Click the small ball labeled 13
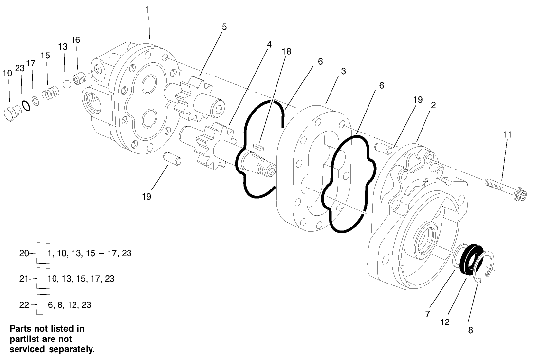[x=67, y=84]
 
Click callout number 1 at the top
[x=148, y=9]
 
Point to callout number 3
[x=343, y=71]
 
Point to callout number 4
[x=269, y=44]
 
